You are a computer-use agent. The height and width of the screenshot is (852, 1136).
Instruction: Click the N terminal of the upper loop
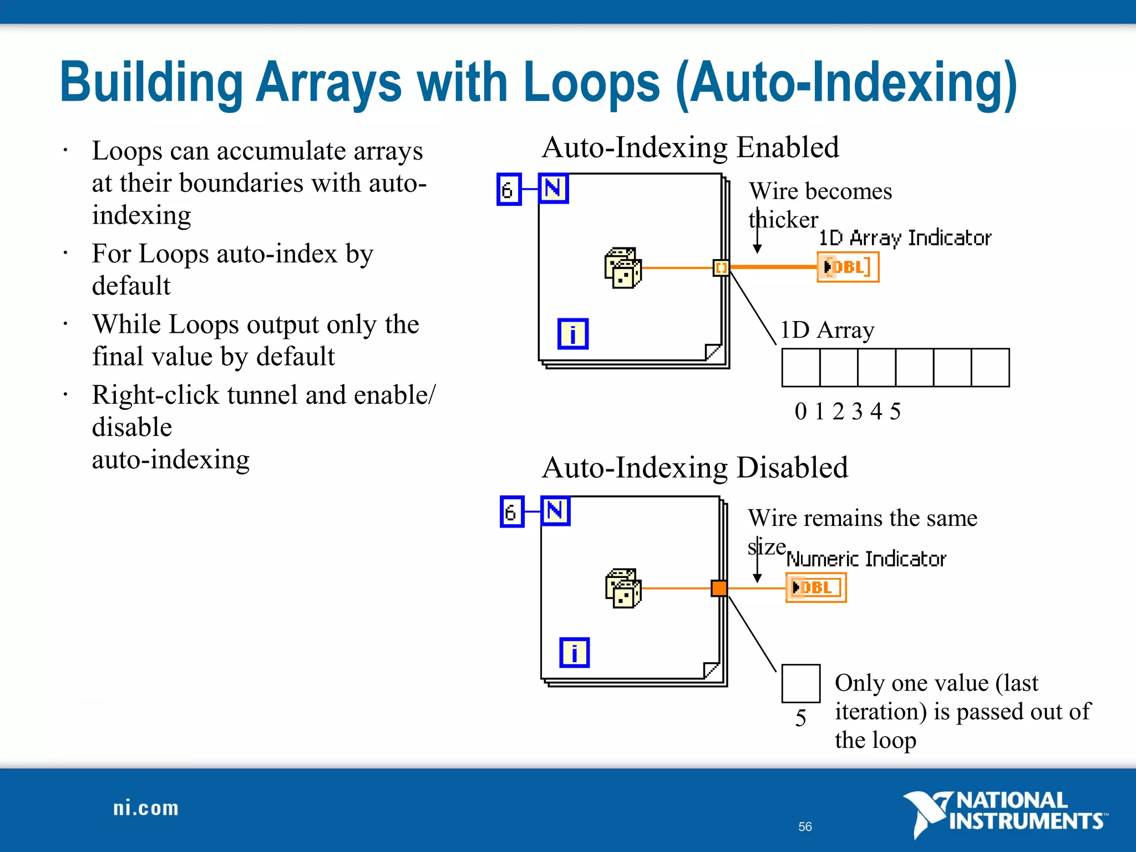coord(554,189)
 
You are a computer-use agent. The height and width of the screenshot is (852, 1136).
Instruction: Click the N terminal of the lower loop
coord(555,511)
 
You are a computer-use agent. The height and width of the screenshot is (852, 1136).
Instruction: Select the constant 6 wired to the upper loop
coord(509,190)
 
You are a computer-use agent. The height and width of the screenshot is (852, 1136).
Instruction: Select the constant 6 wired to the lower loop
coord(511,511)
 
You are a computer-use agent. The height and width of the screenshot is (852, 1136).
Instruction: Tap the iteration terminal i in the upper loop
coord(572,334)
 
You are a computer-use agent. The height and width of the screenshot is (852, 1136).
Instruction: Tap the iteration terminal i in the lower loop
coord(574,653)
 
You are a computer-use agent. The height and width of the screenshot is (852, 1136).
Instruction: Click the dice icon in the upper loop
coord(623,268)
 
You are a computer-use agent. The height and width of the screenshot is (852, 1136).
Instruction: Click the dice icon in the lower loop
coord(623,589)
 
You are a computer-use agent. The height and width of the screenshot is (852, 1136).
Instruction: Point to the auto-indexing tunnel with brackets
coord(721,268)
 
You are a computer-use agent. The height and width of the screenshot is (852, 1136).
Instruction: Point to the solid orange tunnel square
coord(719,588)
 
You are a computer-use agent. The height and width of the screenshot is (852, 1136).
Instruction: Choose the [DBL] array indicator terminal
coord(848,267)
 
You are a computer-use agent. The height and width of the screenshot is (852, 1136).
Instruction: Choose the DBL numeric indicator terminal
coord(816,587)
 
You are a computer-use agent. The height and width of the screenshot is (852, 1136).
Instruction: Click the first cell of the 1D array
coord(801,368)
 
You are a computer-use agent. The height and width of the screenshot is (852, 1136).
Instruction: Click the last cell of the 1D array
coord(990,368)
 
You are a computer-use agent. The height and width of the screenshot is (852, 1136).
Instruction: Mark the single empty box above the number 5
coord(800,683)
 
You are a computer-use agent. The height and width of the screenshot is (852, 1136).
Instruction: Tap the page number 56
coord(805,826)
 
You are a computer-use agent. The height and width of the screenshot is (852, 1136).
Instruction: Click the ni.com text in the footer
coord(146,808)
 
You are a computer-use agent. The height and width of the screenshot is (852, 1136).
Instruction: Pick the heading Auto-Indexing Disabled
coord(695,468)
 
